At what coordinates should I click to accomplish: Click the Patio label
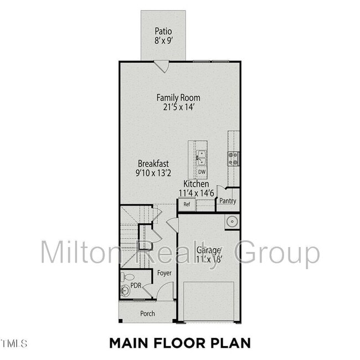click(163, 32)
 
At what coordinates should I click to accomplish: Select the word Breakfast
click(153, 164)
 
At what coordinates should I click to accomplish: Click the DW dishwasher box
click(202, 172)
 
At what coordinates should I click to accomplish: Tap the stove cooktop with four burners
click(233, 159)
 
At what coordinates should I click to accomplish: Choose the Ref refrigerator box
click(187, 204)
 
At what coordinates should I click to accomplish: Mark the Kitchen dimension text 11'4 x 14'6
click(194, 193)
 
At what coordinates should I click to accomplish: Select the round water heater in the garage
click(232, 222)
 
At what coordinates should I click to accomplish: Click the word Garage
click(208, 250)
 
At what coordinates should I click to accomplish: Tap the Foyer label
click(164, 273)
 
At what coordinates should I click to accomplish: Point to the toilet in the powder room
click(128, 276)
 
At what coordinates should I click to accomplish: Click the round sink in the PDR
click(125, 290)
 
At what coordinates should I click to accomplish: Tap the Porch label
click(147, 313)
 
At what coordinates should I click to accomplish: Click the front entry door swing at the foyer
click(166, 292)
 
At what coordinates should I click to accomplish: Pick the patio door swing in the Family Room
click(161, 65)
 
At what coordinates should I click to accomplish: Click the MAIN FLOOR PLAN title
click(179, 343)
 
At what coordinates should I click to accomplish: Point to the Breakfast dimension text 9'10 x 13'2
click(153, 173)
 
